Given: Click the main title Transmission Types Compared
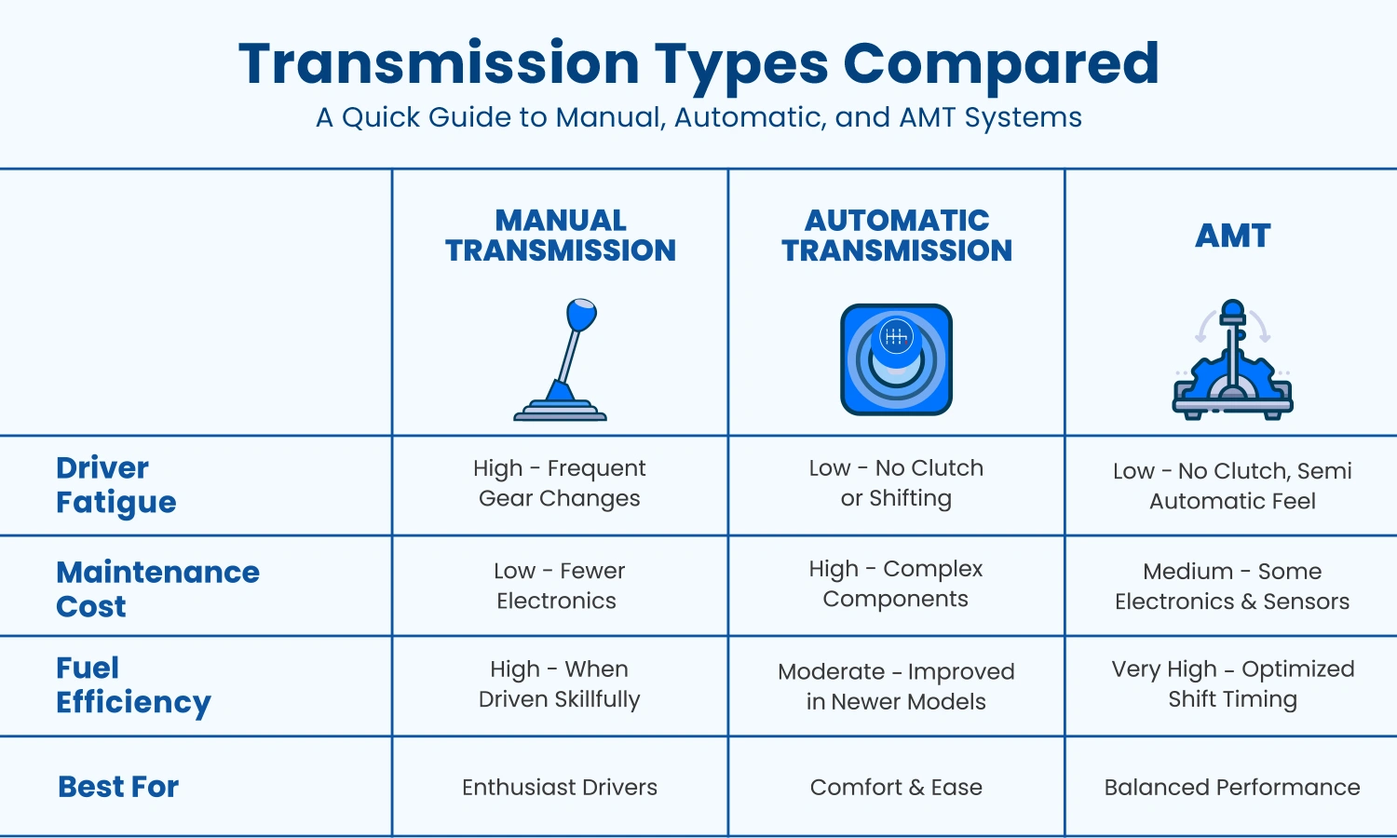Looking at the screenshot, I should tap(698, 63).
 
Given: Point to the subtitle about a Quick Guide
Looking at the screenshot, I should tap(698, 118).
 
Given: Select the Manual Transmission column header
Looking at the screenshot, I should tap(561, 236).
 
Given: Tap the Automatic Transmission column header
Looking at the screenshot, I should tap(897, 236).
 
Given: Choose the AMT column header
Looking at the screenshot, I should tap(1233, 236).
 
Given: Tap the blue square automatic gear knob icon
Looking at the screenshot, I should tap(896, 359).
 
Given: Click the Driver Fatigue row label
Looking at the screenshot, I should tap(115, 485).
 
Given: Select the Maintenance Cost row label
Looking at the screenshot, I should tap(157, 588).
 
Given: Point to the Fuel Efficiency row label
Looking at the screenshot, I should tap(133, 684).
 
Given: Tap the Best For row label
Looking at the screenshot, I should tap(118, 787).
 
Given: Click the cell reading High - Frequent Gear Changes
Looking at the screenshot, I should tap(560, 483).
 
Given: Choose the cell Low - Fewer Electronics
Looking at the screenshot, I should tap(559, 586).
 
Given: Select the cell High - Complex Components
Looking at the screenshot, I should tap(896, 584).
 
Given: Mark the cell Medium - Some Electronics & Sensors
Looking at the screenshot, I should tap(1232, 587).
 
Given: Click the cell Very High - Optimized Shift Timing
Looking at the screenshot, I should tap(1232, 684).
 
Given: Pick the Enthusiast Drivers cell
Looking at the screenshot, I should tap(560, 788).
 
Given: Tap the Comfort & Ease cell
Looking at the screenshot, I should tap(896, 788).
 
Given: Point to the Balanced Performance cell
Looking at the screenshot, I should tap(1232, 788).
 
